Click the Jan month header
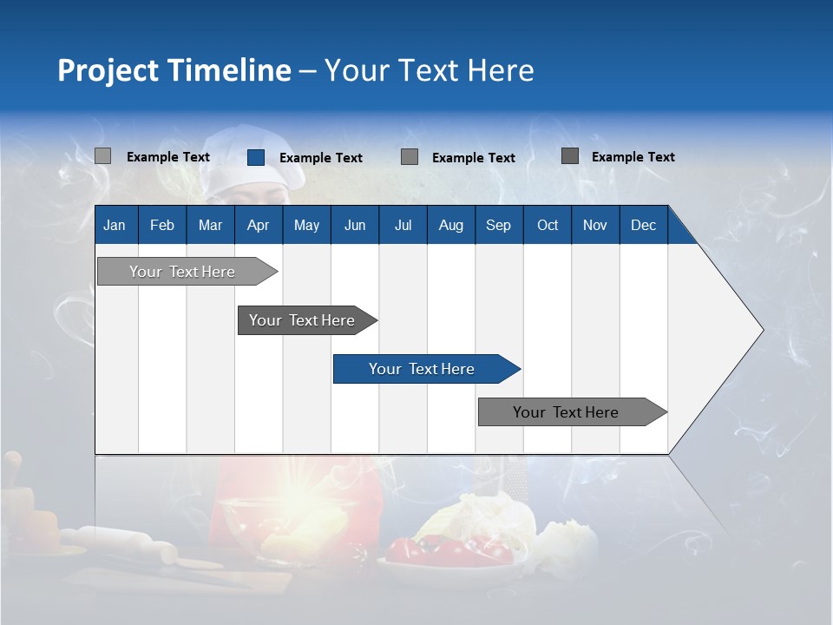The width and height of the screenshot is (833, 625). pos(115,225)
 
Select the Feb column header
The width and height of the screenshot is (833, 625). pos(162,225)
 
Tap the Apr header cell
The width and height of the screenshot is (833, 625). pos(259,225)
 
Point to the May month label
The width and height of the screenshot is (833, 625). pos(306,225)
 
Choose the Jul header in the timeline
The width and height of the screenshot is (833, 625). pos(403,225)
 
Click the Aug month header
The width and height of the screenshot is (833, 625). pos(450,225)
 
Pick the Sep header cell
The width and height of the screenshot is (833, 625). pos(498,225)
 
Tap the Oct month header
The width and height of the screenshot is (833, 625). pos(548,225)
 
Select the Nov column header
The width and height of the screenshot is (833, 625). pos(595,225)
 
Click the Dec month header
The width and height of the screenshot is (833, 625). pos(643,225)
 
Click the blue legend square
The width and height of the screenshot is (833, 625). pos(256,157)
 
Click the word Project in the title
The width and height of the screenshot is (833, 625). pos(108,70)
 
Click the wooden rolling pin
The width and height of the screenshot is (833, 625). pos(121,543)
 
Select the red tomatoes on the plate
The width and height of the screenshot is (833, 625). pos(443,549)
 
